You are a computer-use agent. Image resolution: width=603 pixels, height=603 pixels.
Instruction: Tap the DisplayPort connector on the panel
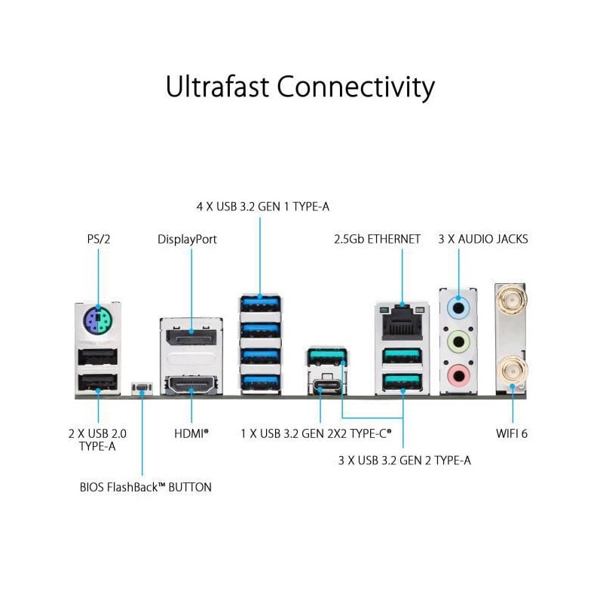pyautogui.click(x=191, y=335)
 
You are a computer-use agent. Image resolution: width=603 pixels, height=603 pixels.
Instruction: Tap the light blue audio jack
pyautogui.click(x=458, y=308)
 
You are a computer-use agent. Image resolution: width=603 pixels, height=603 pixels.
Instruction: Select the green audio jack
pyautogui.click(x=458, y=341)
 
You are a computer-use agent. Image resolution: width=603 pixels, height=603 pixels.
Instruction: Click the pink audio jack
pyautogui.click(x=458, y=373)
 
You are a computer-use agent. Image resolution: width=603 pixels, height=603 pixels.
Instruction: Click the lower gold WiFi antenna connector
pyautogui.click(x=513, y=370)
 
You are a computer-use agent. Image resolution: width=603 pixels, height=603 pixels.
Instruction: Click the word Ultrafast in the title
pyautogui.click(x=218, y=87)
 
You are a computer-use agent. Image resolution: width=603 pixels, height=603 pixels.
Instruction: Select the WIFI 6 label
pyautogui.click(x=513, y=434)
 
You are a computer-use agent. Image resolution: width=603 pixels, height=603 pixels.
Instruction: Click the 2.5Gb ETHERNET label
pyautogui.click(x=377, y=239)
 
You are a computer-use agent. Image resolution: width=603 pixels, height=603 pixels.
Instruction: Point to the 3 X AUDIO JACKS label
pyautogui.click(x=483, y=239)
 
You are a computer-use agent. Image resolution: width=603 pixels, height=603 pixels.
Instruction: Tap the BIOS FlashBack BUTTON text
pyautogui.click(x=145, y=487)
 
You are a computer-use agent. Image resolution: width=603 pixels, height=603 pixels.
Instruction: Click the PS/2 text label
pyautogui.click(x=98, y=239)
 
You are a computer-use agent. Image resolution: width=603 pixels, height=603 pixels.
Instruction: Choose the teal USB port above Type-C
pyautogui.click(x=326, y=355)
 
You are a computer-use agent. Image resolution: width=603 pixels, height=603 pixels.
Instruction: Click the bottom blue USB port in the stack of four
pyautogui.click(x=260, y=380)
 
